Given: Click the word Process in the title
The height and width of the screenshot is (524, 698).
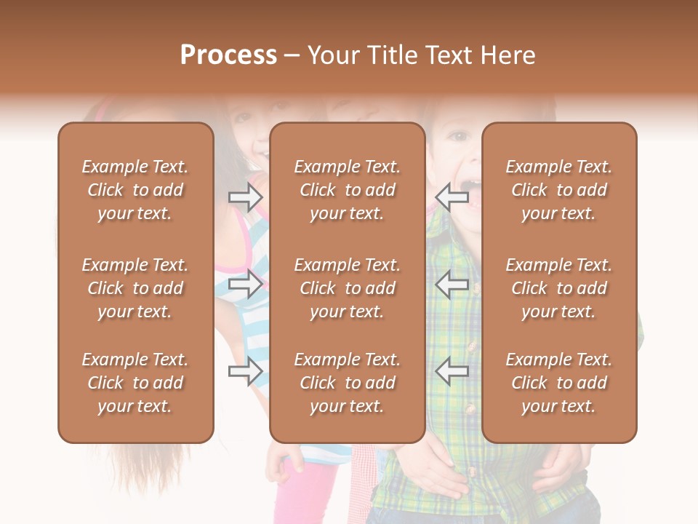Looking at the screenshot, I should click(228, 55).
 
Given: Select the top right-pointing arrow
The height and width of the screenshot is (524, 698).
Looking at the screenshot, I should click(246, 197).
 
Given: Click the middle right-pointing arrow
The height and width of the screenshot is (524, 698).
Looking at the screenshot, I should click(246, 284).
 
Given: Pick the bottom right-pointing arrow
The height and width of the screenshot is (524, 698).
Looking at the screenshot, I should click(246, 371).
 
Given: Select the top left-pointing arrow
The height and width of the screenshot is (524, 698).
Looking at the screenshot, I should click(452, 197).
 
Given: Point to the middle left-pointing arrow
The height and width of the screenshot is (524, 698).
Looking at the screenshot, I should click(452, 284).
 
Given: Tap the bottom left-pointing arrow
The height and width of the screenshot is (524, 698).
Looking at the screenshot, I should click(452, 371).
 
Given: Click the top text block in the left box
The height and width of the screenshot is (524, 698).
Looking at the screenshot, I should click(135, 190).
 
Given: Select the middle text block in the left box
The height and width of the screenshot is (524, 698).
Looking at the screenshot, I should click(135, 288).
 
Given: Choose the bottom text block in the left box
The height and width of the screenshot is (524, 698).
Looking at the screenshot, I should click(135, 383).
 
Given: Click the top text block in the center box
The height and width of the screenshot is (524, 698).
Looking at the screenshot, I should click(347, 190).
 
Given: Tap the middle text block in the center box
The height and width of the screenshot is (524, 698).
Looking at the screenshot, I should click(347, 288).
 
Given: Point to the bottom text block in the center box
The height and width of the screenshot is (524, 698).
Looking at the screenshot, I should click(347, 383).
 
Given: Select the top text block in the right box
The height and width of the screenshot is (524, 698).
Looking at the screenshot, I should click(558, 190).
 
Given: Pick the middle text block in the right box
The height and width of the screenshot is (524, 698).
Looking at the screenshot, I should click(558, 288).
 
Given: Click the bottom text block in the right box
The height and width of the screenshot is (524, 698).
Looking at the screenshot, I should click(558, 383).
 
